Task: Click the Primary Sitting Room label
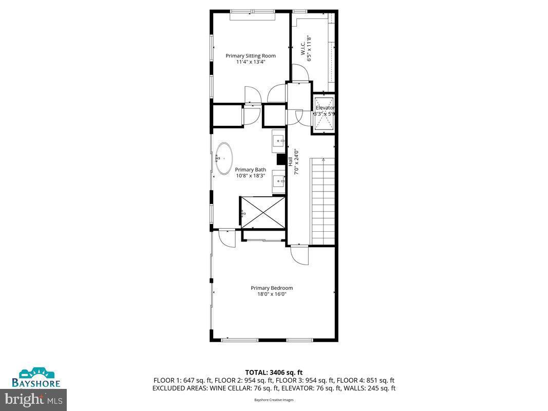(x=251, y=55)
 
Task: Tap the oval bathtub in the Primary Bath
(x=223, y=158)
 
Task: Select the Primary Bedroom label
(x=272, y=288)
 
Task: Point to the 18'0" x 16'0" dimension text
(x=272, y=294)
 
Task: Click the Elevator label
(x=325, y=108)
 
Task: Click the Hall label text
(x=290, y=161)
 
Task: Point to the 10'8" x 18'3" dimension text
(x=251, y=176)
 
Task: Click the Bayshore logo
(x=37, y=378)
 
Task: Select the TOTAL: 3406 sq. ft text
(x=274, y=372)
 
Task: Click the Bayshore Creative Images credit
(x=274, y=400)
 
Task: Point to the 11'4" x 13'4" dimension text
(x=251, y=62)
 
